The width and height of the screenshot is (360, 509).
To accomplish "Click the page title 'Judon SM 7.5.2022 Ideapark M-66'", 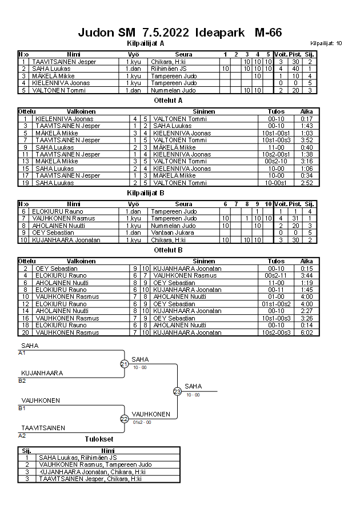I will (x=179, y=33).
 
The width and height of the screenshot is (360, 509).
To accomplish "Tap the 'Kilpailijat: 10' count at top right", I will (x=326, y=43).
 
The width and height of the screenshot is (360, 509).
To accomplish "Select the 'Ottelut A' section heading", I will (x=169, y=100).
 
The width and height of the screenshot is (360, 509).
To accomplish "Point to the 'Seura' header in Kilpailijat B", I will (x=183, y=204).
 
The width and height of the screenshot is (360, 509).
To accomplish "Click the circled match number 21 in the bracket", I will (x=124, y=364).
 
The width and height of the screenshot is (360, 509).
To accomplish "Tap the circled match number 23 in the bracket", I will (x=177, y=391).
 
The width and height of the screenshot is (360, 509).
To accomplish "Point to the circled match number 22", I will (x=124, y=419).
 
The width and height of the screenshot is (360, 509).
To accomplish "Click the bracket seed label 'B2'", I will (x=22, y=380).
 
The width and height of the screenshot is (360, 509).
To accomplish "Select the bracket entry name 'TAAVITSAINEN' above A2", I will (x=43, y=428).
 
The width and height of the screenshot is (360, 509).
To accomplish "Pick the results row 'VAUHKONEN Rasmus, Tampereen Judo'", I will (x=95, y=464).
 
